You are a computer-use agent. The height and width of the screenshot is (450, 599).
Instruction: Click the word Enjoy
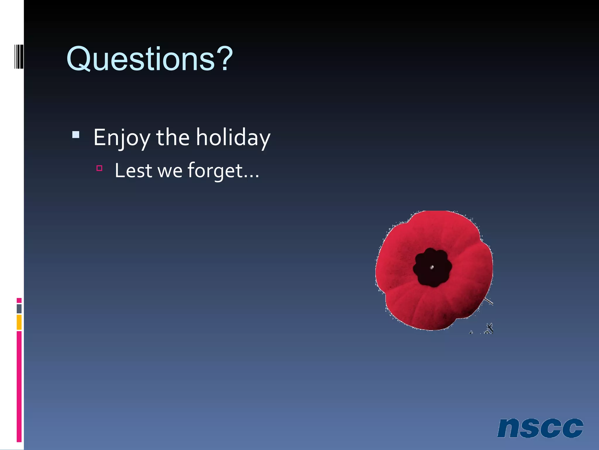(x=122, y=138)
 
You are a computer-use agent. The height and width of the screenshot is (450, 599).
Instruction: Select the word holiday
(x=233, y=138)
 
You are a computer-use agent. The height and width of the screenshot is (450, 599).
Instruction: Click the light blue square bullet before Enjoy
(x=76, y=135)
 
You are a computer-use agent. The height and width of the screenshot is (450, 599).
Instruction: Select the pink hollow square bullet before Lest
(x=99, y=168)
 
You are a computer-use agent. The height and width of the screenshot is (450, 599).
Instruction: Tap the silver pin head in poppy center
(x=432, y=267)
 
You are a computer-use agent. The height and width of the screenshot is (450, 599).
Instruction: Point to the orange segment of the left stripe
(x=19, y=322)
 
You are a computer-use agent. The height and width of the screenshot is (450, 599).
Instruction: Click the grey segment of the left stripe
(x=19, y=308)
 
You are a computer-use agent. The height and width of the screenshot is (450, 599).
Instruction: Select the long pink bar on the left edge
(x=19, y=387)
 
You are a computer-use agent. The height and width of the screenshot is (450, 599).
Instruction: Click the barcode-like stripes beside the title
(x=19, y=56)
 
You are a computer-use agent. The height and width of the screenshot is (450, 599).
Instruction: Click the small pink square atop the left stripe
(x=19, y=300)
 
